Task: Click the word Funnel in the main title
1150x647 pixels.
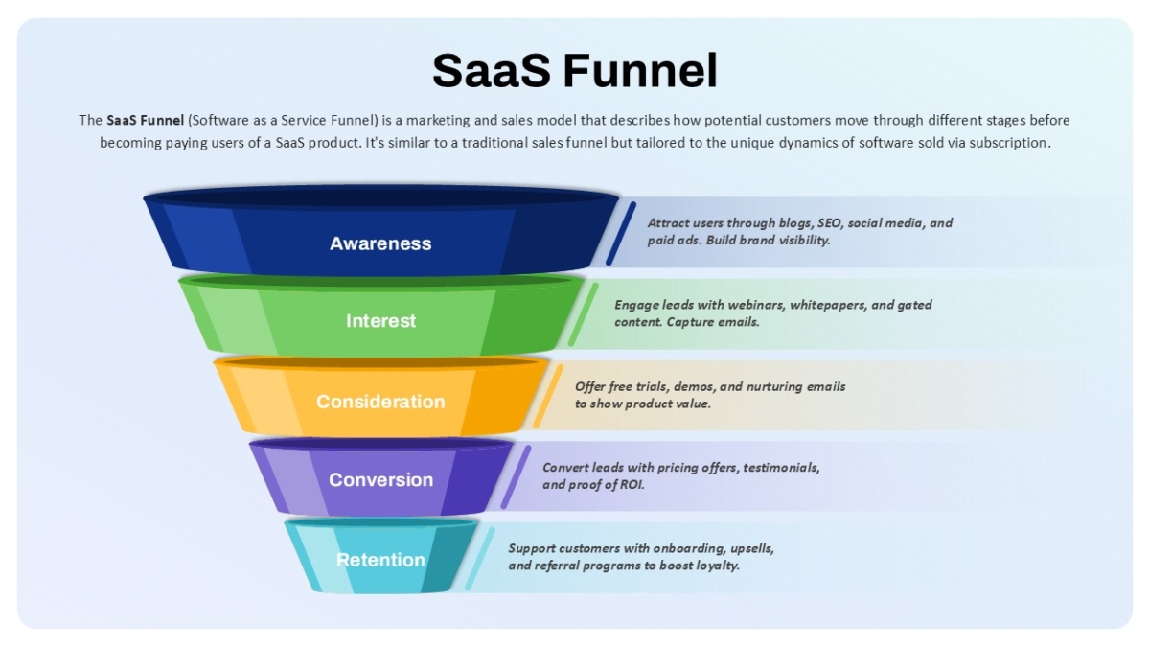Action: [640, 70]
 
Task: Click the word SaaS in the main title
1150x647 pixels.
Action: [492, 70]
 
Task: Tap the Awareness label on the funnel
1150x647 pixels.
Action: [380, 243]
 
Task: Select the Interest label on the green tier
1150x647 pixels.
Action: [381, 321]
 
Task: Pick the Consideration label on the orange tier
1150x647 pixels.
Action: [380, 402]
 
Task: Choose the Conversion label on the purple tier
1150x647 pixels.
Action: [381, 479]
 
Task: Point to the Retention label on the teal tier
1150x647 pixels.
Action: [380, 559]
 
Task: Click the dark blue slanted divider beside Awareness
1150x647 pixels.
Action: [621, 234]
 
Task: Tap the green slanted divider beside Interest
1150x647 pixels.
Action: [584, 314]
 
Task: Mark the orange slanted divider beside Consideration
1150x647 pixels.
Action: [548, 396]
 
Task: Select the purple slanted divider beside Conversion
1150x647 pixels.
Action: [516, 477]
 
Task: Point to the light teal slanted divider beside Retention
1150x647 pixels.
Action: [480, 558]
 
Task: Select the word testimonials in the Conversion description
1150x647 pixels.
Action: [781, 468]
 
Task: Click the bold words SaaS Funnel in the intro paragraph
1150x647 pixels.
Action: [146, 120]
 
